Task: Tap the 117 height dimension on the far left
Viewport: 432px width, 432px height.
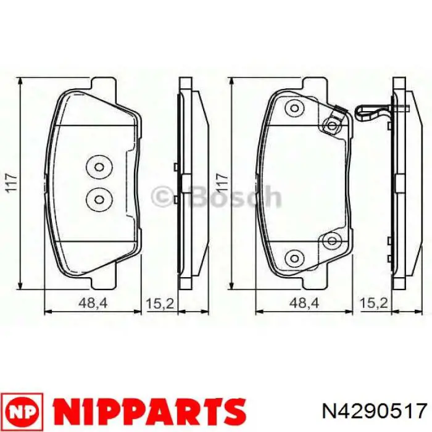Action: [12, 183]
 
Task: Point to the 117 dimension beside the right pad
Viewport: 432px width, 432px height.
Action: [222, 183]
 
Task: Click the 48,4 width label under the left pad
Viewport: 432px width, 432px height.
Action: [93, 304]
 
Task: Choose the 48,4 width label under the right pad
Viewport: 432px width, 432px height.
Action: [304, 304]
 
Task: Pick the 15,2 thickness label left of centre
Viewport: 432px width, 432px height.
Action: [160, 304]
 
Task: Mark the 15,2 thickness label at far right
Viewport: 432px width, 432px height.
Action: [374, 304]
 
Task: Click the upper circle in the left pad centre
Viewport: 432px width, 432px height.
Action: [99, 167]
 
